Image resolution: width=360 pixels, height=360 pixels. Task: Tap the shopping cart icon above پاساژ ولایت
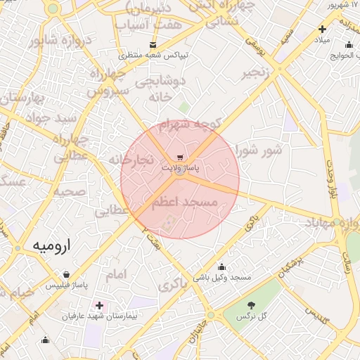181,157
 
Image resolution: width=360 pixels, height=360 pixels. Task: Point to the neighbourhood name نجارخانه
131,160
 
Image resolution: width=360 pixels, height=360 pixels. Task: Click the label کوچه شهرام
189,124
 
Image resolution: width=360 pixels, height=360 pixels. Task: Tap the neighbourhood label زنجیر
256,73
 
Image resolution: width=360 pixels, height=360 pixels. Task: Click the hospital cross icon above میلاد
322,30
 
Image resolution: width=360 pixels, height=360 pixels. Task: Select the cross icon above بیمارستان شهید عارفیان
99,306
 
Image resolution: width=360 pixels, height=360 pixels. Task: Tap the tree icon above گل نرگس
252,305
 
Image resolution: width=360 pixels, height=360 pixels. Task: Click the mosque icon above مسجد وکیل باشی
222,267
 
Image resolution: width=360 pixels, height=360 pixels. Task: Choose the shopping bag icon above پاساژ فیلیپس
66,275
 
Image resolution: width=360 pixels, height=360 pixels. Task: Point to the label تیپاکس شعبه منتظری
152,55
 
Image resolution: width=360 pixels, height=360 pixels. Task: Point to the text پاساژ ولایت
181,169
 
